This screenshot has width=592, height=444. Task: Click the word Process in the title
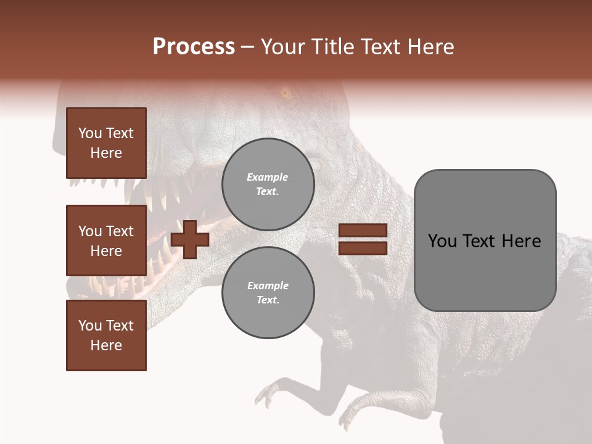coord(194,47)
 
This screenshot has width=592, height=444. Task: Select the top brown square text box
coord(106,143)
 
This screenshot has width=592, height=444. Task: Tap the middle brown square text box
coord(106,240)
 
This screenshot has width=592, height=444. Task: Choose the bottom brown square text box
coord(106,335)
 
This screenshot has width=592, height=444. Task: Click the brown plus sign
coord(190,239)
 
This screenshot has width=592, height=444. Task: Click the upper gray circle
coord(268,184)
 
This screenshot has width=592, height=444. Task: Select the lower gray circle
coord(268,293)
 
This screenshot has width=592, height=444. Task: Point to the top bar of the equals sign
coord(363,230)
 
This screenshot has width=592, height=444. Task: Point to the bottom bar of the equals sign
coord(363,248)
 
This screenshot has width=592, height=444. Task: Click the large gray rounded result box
coord(485,240)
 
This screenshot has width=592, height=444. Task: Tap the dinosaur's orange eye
coord(286,94)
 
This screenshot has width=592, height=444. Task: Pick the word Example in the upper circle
coord(268,178)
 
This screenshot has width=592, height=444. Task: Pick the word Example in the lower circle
coord(268,286)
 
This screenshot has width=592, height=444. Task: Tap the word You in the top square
coord(90,133)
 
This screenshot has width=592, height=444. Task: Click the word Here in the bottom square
coord(106,345)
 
